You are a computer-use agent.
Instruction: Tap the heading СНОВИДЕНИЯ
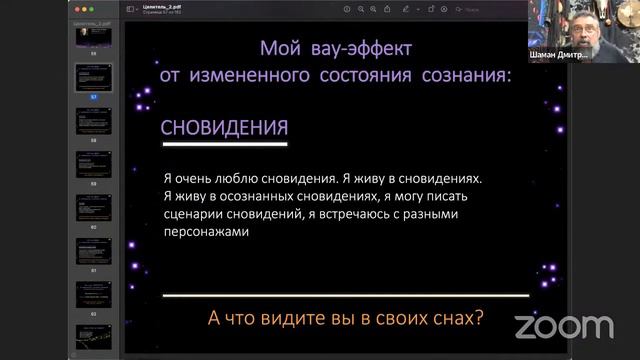pos(225,128)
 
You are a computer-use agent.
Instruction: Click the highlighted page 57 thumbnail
pos(95,77)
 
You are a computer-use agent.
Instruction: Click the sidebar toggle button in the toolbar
pos(131,9)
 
